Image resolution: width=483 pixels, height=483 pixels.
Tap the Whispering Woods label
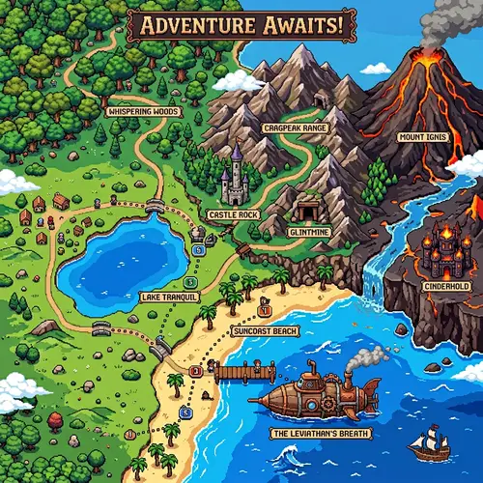(143, 111)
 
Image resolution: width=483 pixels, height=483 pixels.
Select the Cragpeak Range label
(296, 128)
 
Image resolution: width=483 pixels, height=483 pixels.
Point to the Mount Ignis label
(423, 137)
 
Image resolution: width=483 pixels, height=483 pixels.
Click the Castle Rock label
(232, 213)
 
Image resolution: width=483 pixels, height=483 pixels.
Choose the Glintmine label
(310, 232)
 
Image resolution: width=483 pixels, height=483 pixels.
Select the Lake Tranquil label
(169, 297)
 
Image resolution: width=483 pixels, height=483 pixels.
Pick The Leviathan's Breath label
(318, 434)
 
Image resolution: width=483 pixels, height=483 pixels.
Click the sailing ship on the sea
(429, 445)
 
